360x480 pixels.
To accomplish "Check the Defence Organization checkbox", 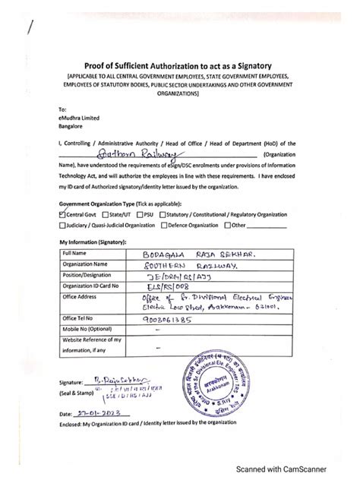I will pos(163,225).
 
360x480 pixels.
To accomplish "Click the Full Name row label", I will pos(77,251).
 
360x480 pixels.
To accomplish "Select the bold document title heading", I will pos(179,65).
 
